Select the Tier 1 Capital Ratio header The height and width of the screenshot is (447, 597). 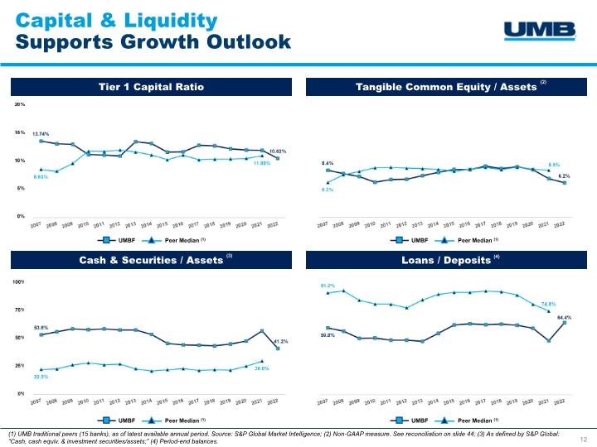pos(151,86)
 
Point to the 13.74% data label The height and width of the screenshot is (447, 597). pos(41,133)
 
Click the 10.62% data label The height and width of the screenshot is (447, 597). pos(278,151)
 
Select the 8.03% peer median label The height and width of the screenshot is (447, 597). pos(41,177)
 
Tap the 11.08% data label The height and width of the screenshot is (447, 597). pos(262,164)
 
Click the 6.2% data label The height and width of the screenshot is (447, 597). pos(563,175)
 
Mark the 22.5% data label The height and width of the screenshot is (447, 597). pos(41,377)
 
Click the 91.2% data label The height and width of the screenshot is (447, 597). pos(329,286)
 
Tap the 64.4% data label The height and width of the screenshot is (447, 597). pos(564,316)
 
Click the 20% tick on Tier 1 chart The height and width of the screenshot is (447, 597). pos(18,105)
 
